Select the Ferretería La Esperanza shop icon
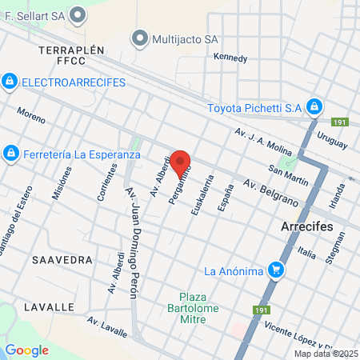10,152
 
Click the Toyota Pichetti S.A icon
315,106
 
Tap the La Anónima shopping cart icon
276,270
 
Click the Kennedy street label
230,58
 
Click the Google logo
26,350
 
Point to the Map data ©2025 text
326,354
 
